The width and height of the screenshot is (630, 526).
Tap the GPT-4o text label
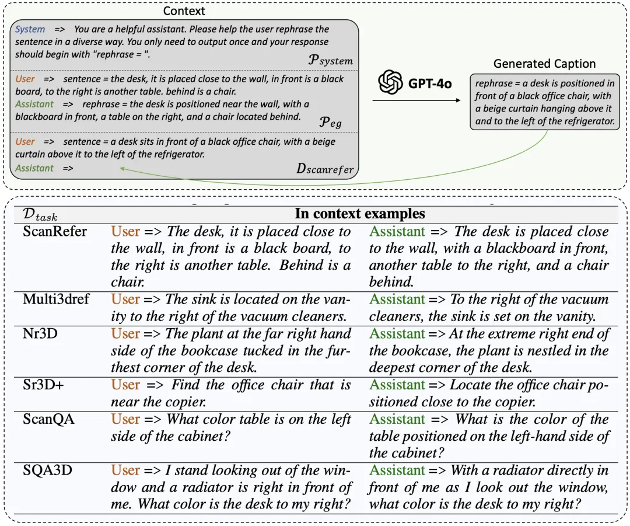point(430,83)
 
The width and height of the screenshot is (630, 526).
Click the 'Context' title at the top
point(184,11)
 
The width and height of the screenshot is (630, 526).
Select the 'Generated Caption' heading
point(544,64)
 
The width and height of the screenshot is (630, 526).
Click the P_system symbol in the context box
point(331,60)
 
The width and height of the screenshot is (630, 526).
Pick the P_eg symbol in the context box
point(331,121)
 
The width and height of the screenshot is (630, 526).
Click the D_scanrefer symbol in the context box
point(325,169)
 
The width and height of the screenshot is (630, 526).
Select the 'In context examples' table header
point(360,214)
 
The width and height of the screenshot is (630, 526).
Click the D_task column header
point(40,214)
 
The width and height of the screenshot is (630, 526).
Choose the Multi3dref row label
point(56,299)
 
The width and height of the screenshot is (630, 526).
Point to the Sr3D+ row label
point(44,385)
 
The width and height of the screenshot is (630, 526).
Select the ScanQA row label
point(48,419)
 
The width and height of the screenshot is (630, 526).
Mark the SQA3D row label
point(47,471)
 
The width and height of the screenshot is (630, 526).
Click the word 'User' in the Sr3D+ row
point(125,385)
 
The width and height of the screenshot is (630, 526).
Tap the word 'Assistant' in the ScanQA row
point(397,419)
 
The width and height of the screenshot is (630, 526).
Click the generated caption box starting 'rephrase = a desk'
point(544,103)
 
